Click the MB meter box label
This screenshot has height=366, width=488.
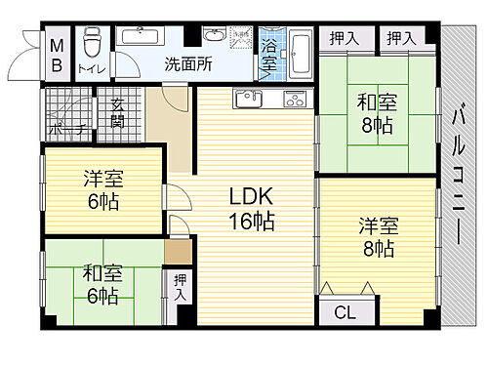click(x=56, y=56)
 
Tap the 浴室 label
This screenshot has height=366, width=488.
click(x=268, y=54)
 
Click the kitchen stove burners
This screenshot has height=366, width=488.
click(x=294, y=99)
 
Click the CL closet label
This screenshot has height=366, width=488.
click(x=345, y=312)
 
